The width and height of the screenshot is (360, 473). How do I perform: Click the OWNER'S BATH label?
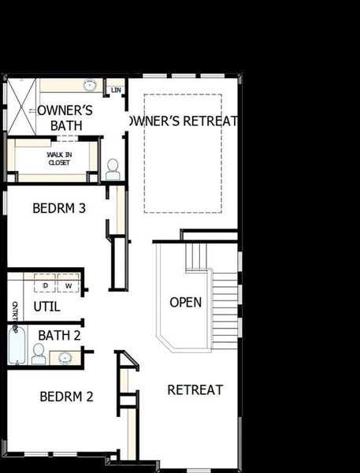coord(66,117)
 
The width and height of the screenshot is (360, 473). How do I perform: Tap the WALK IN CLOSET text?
coord(58,158)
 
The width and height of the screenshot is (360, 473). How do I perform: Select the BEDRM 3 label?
coord(59,209)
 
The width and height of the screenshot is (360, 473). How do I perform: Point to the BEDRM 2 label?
coord(67,396)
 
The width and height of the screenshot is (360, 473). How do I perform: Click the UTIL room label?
coord(46,307)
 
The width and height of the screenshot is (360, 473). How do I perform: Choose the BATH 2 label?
coord(60,336)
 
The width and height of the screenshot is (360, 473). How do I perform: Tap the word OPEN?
coord(186,302)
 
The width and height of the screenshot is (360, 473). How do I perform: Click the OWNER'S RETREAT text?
coord(183,121)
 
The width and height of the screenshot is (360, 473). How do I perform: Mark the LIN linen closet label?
coord(116,90)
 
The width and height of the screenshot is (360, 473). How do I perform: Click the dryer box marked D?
coord(46,285)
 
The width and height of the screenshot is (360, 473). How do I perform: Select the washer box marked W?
coord(68,285)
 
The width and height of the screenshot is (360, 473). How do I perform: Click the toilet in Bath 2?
coord(38,354)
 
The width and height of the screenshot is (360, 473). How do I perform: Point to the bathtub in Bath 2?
coord(17,347)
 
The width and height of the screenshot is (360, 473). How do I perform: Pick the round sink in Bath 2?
coord(65,358)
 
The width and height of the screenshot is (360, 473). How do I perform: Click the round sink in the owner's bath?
coord(90,85)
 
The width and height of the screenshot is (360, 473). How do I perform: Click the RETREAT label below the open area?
coord(195,389)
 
